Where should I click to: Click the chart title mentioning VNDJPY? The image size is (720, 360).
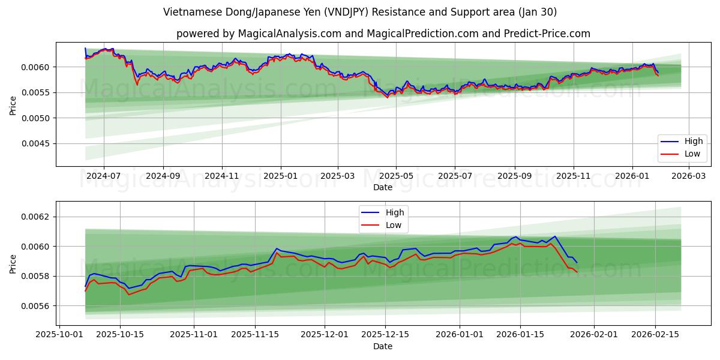359,12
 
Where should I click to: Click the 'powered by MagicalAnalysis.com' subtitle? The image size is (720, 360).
383,34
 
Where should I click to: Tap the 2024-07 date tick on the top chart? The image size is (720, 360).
104,176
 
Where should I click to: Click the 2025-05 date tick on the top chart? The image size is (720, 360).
395,176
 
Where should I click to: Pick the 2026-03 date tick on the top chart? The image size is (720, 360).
688,176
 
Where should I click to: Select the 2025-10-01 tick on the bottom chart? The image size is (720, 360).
59,334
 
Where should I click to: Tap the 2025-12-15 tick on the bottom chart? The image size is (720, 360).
385,334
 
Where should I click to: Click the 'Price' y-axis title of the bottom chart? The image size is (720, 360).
13,263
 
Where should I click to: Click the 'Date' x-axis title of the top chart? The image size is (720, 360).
383,187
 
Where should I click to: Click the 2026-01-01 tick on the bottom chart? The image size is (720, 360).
459,334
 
